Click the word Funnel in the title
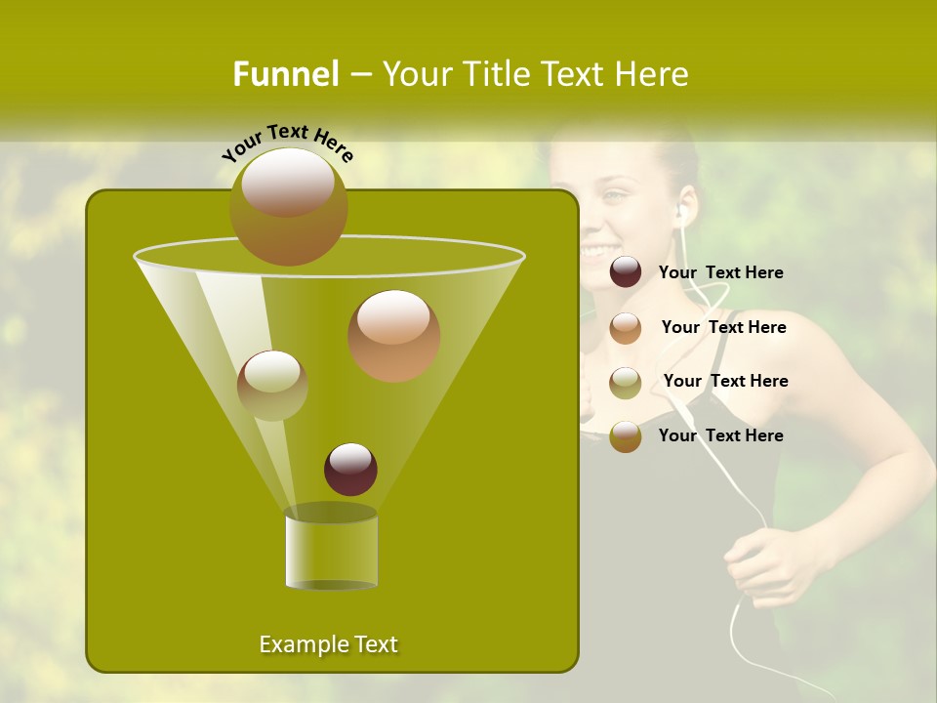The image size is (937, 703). coord(286,73)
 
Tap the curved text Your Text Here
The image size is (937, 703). coord(288,143)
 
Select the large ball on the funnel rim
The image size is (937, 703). coord(289,207)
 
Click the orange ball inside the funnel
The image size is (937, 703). coord(393,336)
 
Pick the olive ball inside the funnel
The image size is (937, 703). coord(272,386)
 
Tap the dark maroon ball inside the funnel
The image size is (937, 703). coord(350,469)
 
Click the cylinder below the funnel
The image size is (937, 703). coord(331,550)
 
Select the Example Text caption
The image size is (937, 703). coord(328,644)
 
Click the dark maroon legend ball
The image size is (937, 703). coord(626,272)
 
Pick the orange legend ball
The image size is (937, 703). coord(626,328)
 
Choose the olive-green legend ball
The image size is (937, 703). coord(626,383)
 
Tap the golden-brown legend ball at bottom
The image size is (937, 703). coord(626,436)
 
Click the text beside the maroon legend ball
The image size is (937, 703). coord(720,272)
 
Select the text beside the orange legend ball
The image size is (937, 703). coord(723,327)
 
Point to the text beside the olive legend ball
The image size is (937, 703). coord(725,381)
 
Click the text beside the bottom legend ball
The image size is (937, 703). coord(720,435)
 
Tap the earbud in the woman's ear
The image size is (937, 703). coord(682,210)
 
